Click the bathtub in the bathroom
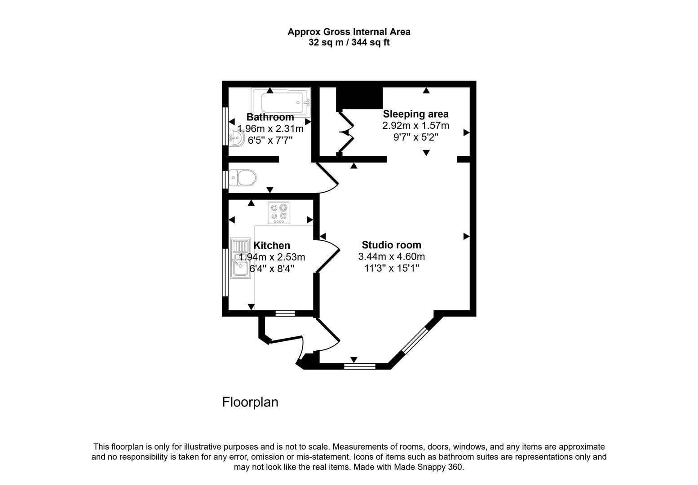pyautogui.click(x=281, y=103)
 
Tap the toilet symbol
pyautogui.click(x=242, y=178)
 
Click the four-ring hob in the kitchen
pyautogui.click(x=279, y=212)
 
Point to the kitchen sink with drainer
pyautogui.click(x=240, y=258)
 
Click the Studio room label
pyautogui.click(x=391, y=245)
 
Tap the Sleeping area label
pyautogui.click(x=415, y=114)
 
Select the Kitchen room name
pyautogui.click(x=272, y=245)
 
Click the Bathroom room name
pyautogui.click(x=270, y=117)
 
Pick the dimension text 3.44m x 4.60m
pyautogui.click(x=391, y=257)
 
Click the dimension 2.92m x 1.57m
pyautogui.click(x=415, y=126)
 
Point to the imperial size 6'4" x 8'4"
pyautogui.click(x=272, y=269)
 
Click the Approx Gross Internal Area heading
pyautogui.click(x=349, y=32)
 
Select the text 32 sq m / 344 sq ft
pyautogui.click(x=349, y=43)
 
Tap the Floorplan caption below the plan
pyautogui.click(x=250, y=402)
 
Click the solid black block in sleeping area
pyautogui.click(x=359, y=97)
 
